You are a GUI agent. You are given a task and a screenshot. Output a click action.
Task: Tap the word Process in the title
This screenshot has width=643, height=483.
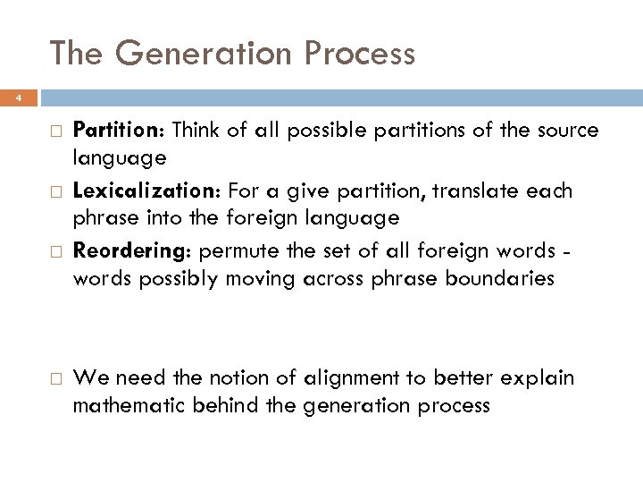[x=360, y=54]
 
